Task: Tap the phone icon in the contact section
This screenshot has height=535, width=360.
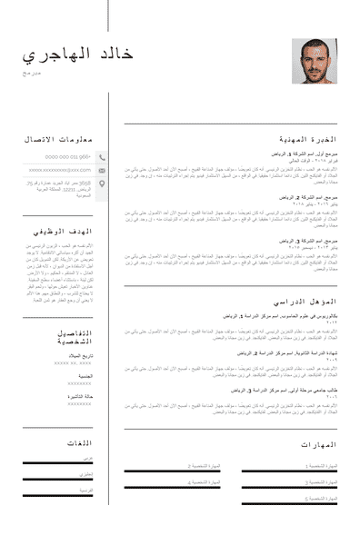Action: (102, 156)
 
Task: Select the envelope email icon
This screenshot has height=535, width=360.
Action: (102, 169)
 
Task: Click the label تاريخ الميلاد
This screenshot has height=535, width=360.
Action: (77, 356)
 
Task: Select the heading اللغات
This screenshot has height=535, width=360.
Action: (79, 442)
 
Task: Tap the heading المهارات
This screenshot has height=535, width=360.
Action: (317, 444)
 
